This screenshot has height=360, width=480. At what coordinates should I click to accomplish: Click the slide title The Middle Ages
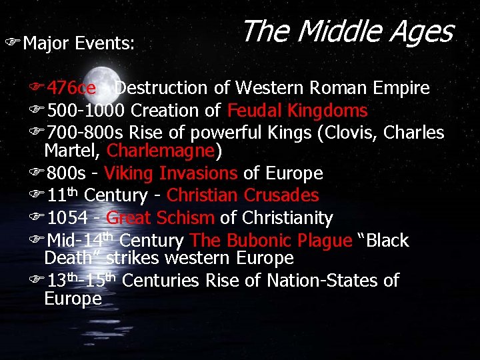click(x=347, y=31)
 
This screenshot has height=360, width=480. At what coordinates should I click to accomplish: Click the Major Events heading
click(x=79, y=44)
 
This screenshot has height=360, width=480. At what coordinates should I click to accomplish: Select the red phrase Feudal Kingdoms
click(x=297, y=111)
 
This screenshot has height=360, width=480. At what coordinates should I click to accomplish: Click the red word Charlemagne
click(x=161, y=151)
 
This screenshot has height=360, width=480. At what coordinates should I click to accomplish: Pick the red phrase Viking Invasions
click(x=171, y=174)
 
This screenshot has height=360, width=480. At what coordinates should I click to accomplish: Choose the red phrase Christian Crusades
click(x=243, y=196)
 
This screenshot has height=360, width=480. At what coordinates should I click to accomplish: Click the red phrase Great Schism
click(x=160, y=218)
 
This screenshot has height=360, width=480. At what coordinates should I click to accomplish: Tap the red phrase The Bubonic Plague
click(x=271, y=241)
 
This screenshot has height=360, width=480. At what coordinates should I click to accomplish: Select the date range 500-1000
click(x=88, y=111)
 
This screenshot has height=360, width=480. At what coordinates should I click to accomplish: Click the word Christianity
click(x=287, y=218)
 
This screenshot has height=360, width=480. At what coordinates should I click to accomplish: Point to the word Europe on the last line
click(x=73, y=299)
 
